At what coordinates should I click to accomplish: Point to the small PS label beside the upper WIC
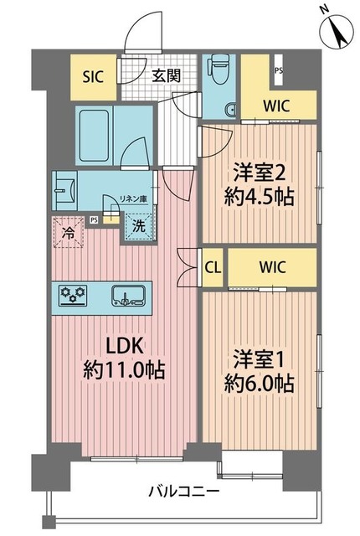[x=277, y=71]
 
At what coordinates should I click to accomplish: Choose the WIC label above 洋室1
[x=271, y=268]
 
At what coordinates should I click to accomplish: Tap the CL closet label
[x=213, y=268]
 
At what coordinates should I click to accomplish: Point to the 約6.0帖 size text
[x=260, y=384]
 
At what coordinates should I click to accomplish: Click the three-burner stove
[x=73, y=294]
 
